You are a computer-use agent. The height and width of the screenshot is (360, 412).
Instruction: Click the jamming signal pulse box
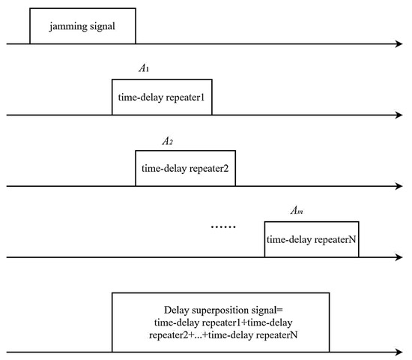tap(82, 26)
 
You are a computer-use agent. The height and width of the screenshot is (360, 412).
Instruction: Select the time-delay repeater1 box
tap(162, 97)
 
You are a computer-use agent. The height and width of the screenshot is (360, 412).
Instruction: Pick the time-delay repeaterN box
tap(312, 240)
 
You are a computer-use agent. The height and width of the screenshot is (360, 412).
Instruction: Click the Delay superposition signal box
tap(220, 322)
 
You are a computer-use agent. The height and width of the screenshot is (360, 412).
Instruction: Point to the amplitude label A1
tap(145, 68)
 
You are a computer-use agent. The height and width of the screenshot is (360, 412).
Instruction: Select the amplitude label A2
tap(168, 140)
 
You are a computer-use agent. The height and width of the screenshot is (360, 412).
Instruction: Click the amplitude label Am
tap(297, 211)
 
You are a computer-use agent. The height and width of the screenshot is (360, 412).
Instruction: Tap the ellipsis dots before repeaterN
tap(224, 227)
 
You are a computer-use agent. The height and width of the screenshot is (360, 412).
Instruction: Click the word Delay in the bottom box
tap(177, 310)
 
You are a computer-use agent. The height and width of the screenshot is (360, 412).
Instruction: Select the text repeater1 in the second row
tap(186, 97)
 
